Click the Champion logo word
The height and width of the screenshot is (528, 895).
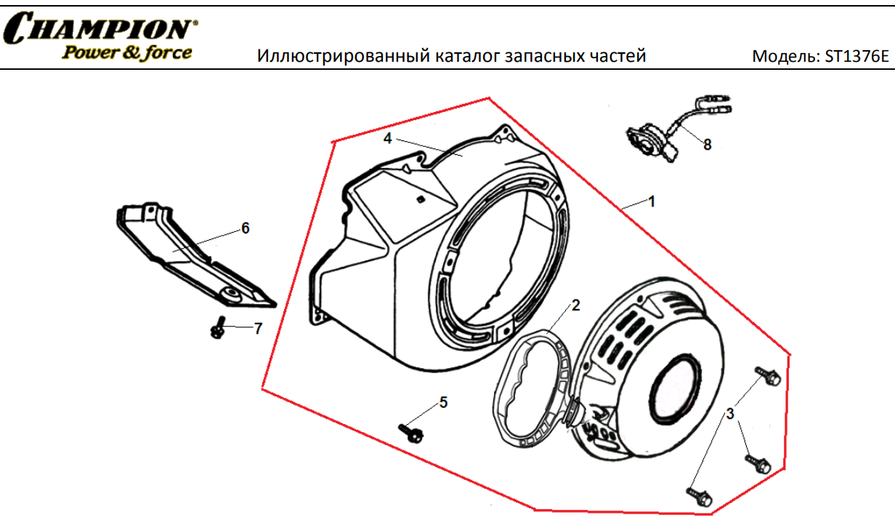(x=100, y=27)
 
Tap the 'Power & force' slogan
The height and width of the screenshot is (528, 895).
(x=127, y=53)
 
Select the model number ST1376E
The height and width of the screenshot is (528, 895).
(x=856, y=57)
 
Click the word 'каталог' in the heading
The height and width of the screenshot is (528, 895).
(x=466, y=56)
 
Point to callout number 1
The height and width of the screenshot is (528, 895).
(x=652, y=201)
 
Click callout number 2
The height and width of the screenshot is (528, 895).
(x=575, y=305)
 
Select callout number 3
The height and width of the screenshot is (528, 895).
(x=730, y=414)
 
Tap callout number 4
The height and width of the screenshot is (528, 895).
(x=388, y=138)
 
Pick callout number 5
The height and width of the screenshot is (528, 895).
(x=443, y=402)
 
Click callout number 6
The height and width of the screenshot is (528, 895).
(x=246, y=228)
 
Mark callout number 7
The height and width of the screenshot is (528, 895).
(x=258, y=329)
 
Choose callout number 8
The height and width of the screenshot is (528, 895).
(x=708, y=145)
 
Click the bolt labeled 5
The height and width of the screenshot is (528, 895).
(x=411, y=433)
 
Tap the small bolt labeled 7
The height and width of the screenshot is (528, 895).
(x=218, y=327)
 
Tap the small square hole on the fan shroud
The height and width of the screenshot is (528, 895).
(x=421, y=199)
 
